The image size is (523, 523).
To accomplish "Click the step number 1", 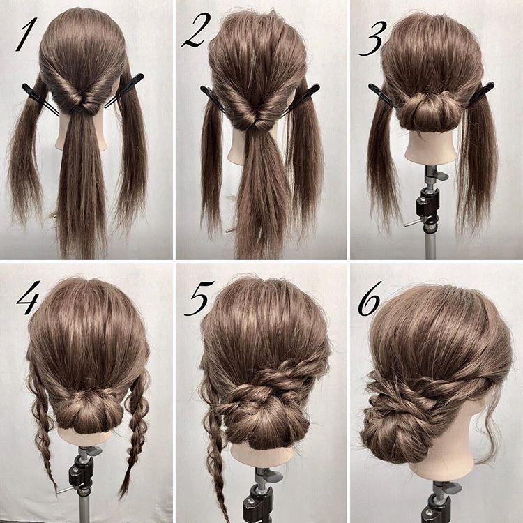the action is click(x=26, y=34).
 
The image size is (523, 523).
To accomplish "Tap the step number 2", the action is click(x=196, y=30).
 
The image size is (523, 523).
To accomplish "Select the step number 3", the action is click(x=372, y=38).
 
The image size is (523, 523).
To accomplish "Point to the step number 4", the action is click(x=28, y=298).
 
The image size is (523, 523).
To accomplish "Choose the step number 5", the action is click(x=199, y=298).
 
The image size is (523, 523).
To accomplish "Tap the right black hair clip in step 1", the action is click(x=124, y=91).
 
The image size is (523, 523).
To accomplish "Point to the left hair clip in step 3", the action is click(x=382, y=95).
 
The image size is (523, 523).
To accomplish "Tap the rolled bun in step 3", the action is click(x=428, y=112).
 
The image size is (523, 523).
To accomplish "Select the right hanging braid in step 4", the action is click(x=134, y=434).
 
